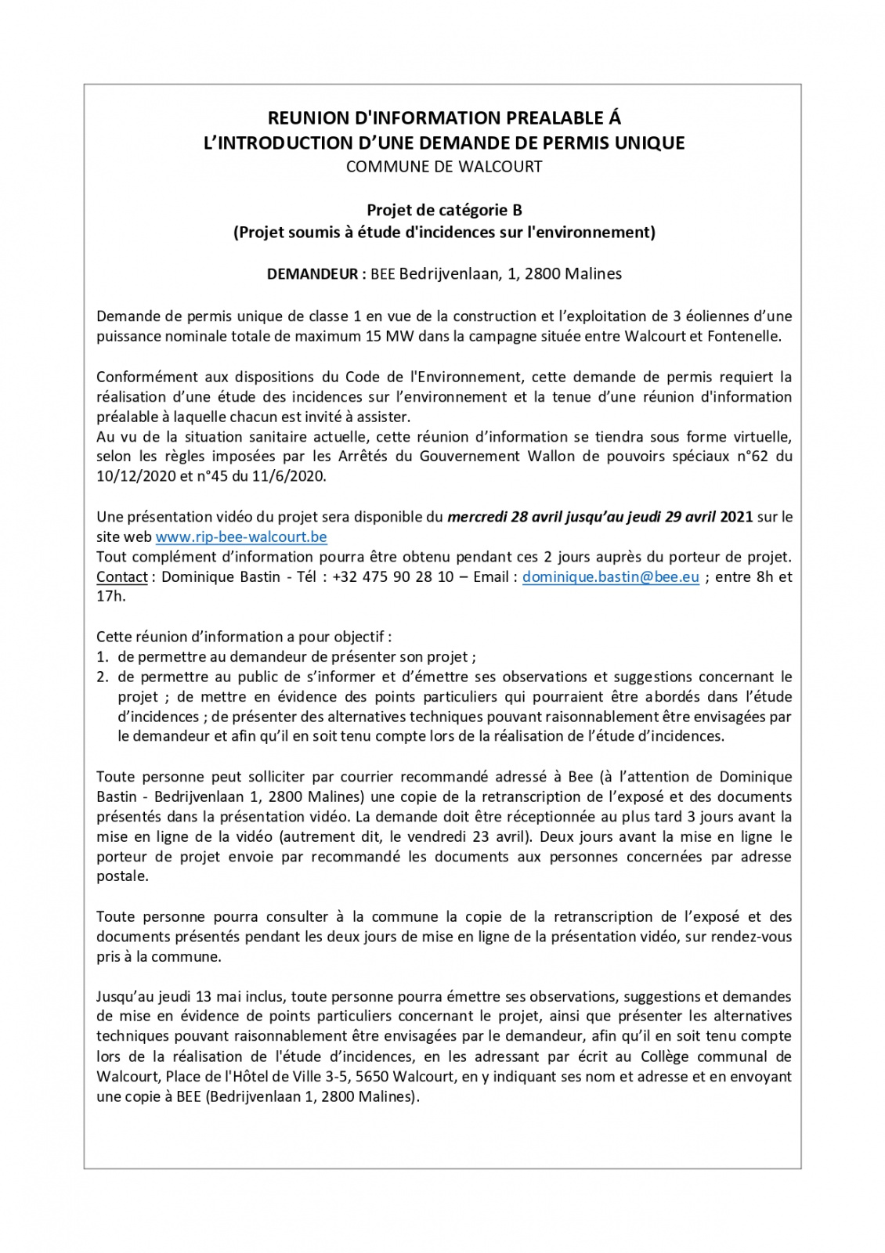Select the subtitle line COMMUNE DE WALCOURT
pyautogui.click(x=444, y=167)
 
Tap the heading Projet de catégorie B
pyautogui.click(x=444, y=210)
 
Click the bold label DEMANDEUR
pyautogui.click(x=312, y=274)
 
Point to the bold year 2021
pyautogui.click(x=736, y=517)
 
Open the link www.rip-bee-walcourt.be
pyautogui.click(x=241, y=537)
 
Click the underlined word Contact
pyautogui.click(x=121, y=577)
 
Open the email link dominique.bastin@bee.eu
pyautogui.click(x=611, y=577)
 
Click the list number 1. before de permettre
pyautogui.click(x=102, y=657)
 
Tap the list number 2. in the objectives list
pyautogui.click(x=102, y=677)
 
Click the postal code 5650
pyautogui.click(x=372, y=1077)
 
